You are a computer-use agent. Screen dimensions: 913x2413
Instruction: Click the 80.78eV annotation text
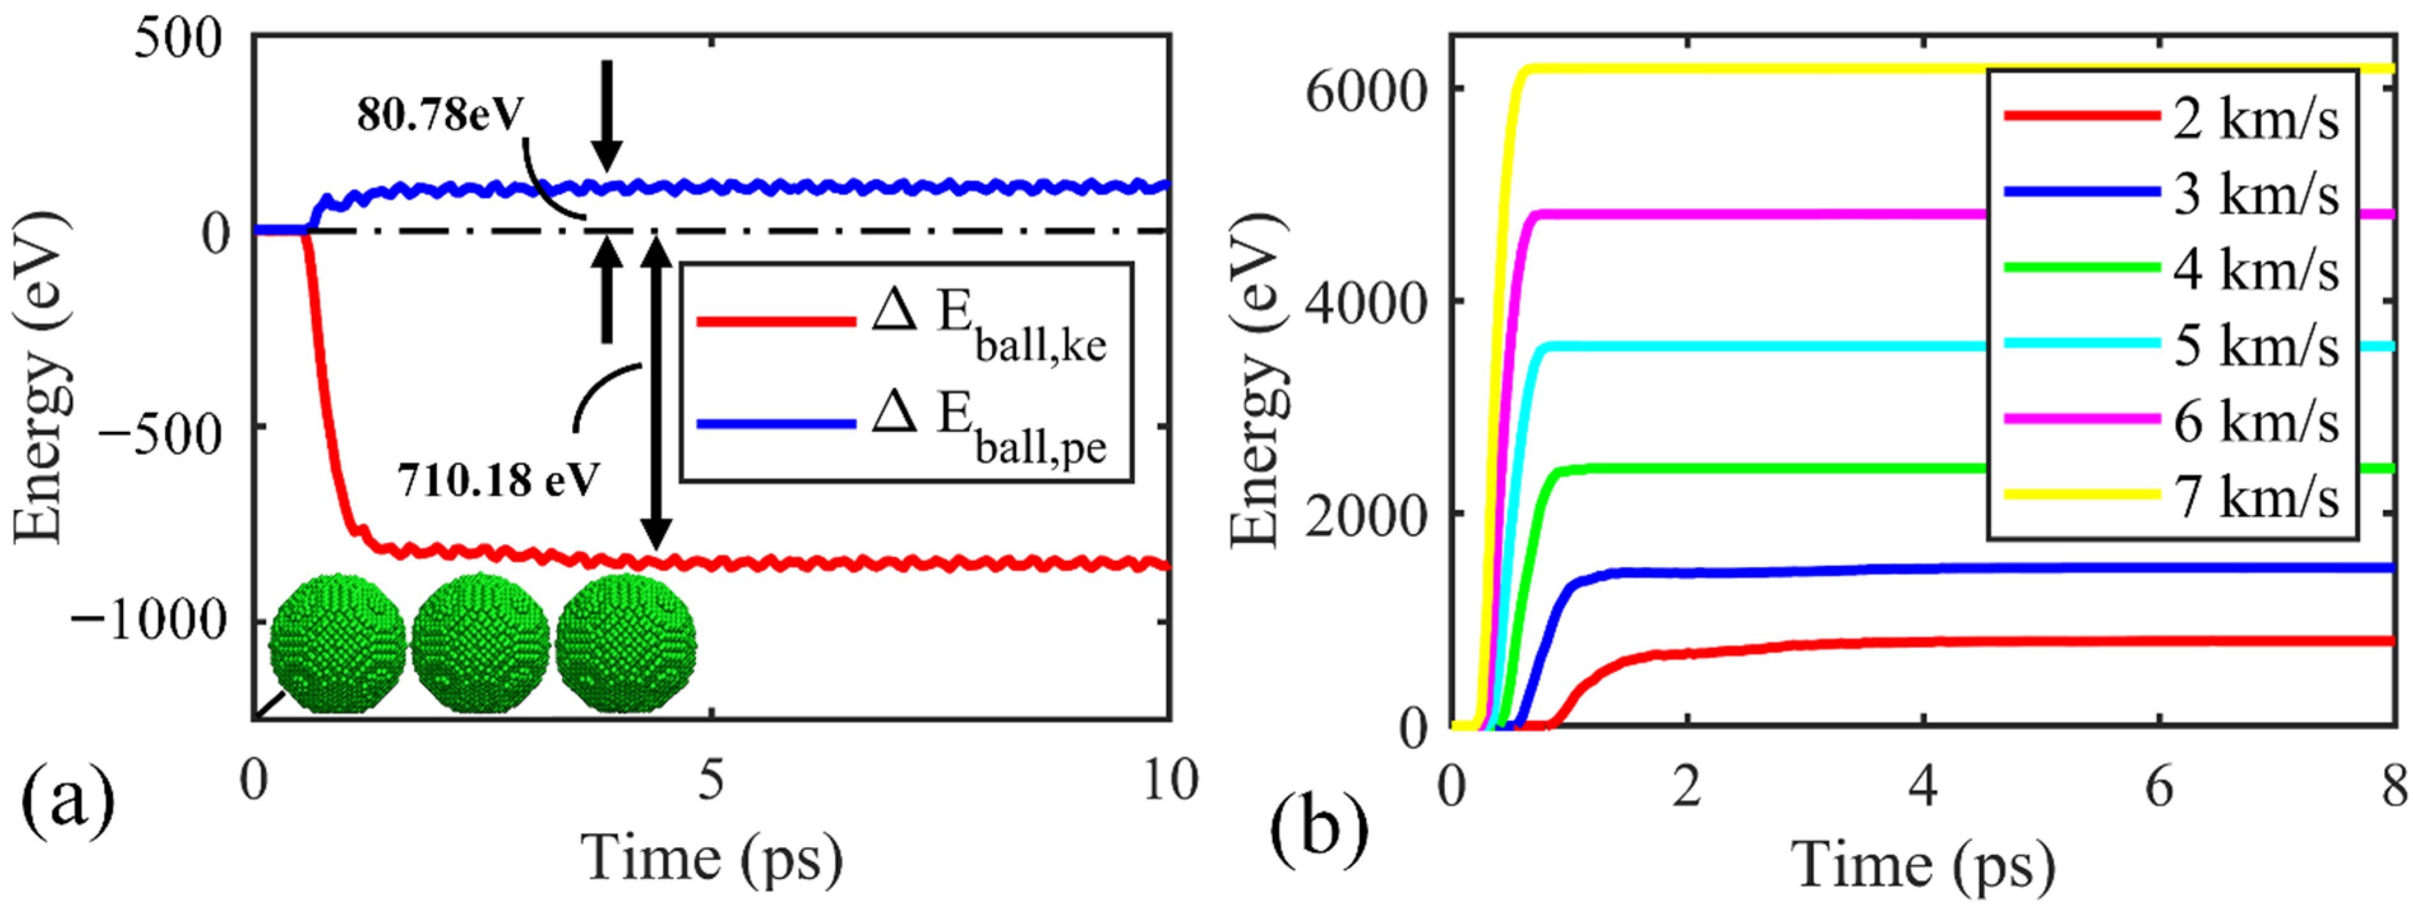440,116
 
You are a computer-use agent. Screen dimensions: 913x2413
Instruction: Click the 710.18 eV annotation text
498,480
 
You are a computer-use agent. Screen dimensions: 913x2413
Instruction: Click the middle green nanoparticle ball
480,643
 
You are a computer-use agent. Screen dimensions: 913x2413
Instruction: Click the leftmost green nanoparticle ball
338,643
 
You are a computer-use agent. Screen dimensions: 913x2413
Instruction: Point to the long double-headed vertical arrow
656,393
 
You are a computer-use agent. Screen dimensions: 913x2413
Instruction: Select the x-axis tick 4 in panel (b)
1922,787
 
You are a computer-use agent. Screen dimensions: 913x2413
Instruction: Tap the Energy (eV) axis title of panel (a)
40,378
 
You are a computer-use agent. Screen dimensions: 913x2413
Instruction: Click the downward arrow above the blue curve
607,112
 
